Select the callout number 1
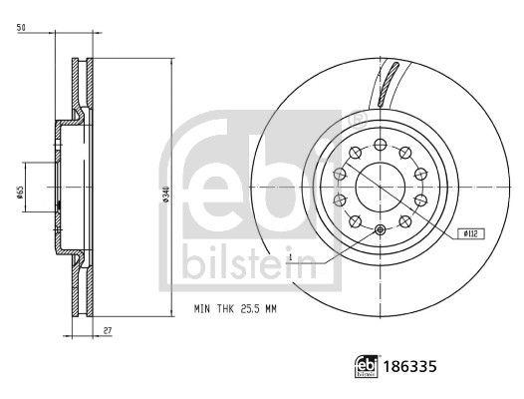pyautogui.click(x=290, y=257)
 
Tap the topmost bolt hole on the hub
pyautogui.click(x=383, y=141)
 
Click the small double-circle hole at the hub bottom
pyautogui.click(x=383, y=231)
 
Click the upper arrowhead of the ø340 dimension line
pyautogui.click(x=173, y=60)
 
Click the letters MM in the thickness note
pyautogui.click(x=270, y=310)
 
